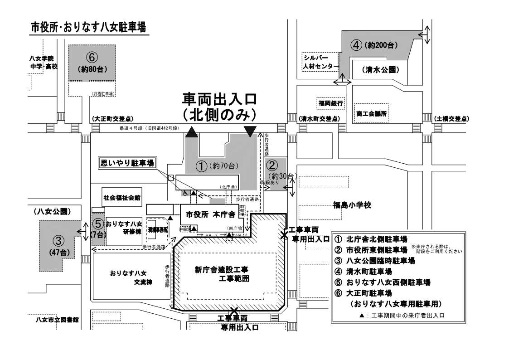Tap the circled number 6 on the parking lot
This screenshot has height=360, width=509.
pyautogui.click(x=92, y=58)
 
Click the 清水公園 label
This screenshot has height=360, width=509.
pyautogui.click(x=380, y=70)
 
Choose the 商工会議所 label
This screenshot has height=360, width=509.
pyautogui.click(x=372, y=113)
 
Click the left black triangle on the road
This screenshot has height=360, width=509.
pyautogui.click(x=192, y=132)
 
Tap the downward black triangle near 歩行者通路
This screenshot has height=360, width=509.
pyautogui.click(x=249, y=131)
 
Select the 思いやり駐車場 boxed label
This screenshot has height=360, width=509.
pyautogui.click(x=127, y=162)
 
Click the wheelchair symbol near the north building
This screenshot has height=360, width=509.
pyautogui.click(x=185, y=193)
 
